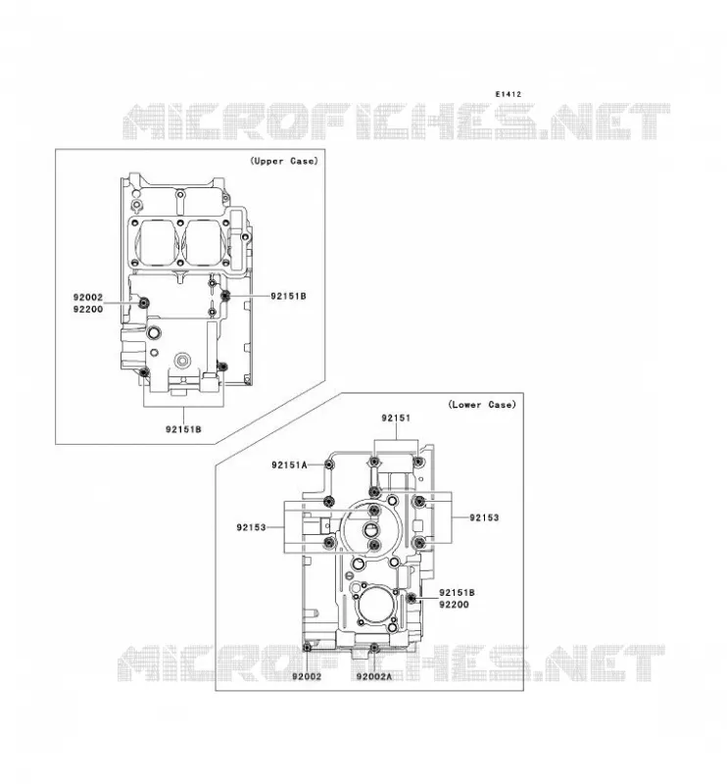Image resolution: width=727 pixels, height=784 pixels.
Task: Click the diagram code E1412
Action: [508, 94]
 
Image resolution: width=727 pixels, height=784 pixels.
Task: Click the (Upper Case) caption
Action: [283, 161]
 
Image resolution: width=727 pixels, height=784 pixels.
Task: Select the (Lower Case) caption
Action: [481, 405]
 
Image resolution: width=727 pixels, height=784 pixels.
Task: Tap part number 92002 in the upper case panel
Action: [88, 297]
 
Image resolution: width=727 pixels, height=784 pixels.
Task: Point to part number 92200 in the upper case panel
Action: [88, 309]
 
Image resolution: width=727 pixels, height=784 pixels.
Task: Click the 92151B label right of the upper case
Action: [288, 296]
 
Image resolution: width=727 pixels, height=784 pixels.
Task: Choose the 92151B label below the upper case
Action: [183, 429]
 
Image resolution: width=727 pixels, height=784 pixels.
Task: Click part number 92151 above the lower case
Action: [396, 418]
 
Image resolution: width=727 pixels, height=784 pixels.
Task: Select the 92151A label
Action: [289, 465]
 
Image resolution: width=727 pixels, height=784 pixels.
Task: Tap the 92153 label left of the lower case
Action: [251, 527]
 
